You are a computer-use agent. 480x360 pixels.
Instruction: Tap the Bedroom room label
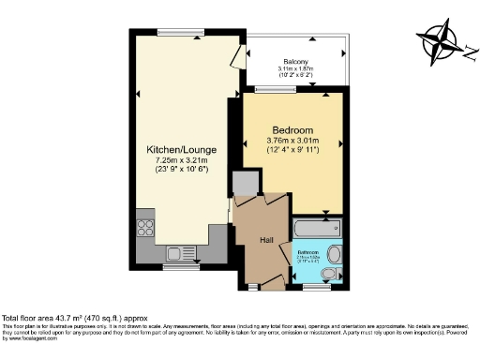coord(292,130)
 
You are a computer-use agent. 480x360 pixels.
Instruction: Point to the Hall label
coord(266,239)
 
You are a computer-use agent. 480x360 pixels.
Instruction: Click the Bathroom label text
coord(309,252)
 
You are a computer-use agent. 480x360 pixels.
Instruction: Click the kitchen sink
coord(177,252)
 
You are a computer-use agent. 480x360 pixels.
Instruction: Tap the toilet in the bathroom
coord(331,274)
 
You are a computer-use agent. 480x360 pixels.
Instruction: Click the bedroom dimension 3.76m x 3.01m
coord(292,142)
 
